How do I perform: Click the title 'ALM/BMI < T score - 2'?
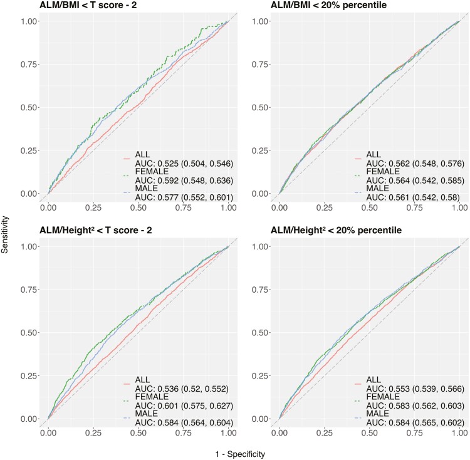click(88, 5)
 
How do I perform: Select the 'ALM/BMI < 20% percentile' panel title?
click(328, 5)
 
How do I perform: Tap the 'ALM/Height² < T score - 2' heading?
click(96, 230)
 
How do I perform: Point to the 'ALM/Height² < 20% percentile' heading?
click(336, 230)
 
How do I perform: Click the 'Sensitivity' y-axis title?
click(5, 234)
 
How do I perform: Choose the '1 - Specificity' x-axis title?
click(240, 454)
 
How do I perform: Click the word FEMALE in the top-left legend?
click(152, 172)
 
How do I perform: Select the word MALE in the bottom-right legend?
click(377, 414)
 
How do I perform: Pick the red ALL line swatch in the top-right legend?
click(358, 159)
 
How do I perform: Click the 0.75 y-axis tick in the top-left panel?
click(29, 65)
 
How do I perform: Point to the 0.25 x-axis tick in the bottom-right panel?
click(325, 433)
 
